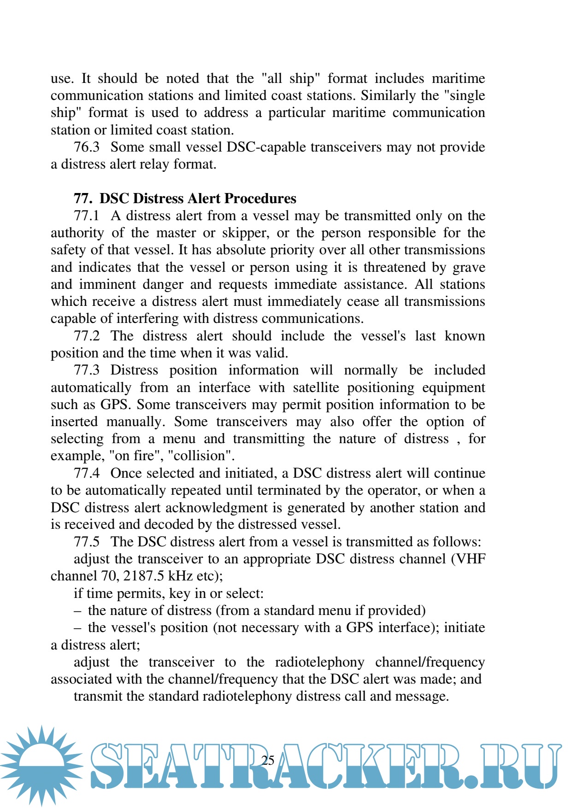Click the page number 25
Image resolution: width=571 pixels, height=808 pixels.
(268, 760)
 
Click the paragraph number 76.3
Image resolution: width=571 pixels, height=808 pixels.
(86, 147)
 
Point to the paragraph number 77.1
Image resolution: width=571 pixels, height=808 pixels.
(86, 216)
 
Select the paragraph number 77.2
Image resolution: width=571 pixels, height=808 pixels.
(86, 336)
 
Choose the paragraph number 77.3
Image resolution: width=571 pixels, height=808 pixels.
(86, 370)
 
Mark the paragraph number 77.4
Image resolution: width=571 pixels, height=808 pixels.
(86, 473)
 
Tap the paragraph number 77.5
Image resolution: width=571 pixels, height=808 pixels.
(86, 542)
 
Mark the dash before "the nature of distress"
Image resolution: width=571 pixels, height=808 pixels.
(77, 611)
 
